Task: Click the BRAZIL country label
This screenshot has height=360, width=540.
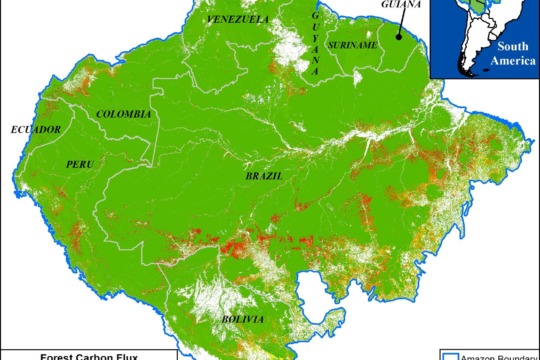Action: point(263,176)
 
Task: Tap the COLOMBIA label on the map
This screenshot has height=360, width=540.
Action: point(124,115)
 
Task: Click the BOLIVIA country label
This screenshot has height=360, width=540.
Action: point(244,319)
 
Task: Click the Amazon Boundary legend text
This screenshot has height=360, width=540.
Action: point(500,355)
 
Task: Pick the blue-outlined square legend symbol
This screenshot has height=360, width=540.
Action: point(449,355)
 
